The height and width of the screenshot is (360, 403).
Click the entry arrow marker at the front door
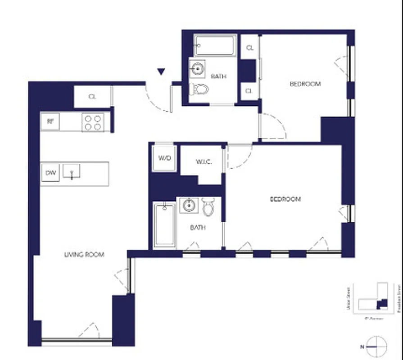coord(161,71)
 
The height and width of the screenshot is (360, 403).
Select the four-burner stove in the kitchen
coord(93,122)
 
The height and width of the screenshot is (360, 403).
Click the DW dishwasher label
coord(50,173)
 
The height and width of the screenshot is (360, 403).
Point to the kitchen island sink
coord(72,171)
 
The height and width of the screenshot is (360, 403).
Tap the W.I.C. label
coord(201,162)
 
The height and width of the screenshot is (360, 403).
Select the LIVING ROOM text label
coord(84,255)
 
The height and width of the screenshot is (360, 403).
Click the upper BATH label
coord(218,76)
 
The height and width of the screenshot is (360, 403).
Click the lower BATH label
coord(198,228)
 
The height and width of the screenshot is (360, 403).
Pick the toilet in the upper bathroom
coord(199,89)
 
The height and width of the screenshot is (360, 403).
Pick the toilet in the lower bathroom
coord(208,207)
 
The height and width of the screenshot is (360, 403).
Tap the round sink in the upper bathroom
coord(197,69)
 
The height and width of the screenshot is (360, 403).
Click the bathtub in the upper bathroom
coord(215,46)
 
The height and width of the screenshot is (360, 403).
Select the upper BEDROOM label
coord(305,84)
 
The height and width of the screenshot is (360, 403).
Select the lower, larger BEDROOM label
coord(285,199)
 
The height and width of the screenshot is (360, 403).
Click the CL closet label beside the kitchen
coord(92,96)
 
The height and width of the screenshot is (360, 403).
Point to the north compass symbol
coord(376,346)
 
